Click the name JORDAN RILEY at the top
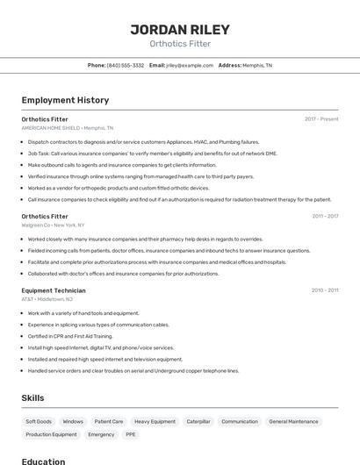coord(180,29)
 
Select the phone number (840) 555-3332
coord(126,65)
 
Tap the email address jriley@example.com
coord(190,65)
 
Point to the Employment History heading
coord(65,100)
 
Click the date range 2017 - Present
coord(321,118)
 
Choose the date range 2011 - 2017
coord(325,216)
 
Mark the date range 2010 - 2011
coord(325,290)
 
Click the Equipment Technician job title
coord(54,290)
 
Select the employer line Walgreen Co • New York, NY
coord(61,225)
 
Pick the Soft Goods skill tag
coord(39,421)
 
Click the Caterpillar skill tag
coord(198,421)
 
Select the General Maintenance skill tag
coord(293,421)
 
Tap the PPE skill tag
coord(131,434)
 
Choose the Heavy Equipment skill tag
coord(155,421)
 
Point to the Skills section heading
coord(33,397)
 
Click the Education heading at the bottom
coord(43,461)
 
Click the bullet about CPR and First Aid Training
coord(70,336)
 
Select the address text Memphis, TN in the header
coord(257,65)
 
